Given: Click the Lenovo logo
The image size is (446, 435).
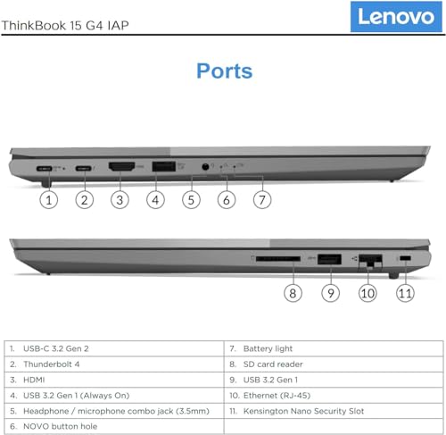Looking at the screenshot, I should (x=397, y=16).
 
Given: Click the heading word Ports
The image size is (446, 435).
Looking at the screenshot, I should (x=224, y=71).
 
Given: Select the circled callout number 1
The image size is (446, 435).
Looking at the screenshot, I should (x=49, y=199).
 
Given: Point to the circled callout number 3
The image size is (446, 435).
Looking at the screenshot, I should (x=120, y=199).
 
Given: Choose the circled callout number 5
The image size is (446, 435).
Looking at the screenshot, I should (x=190, y=199).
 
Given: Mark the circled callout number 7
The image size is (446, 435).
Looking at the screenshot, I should (x=261, y=199).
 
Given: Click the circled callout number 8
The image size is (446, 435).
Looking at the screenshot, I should (x=293, y=292).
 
